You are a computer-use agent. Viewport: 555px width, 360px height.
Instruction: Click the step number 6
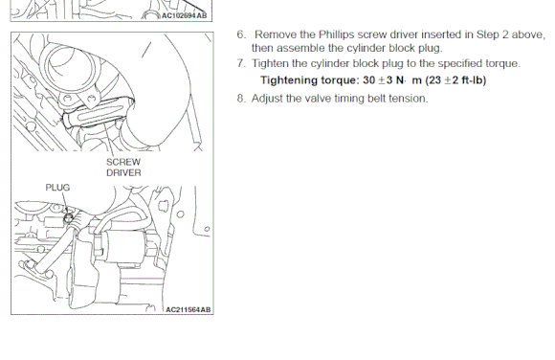(x=241, y=34)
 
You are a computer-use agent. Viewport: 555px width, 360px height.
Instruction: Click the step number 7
(x=241, y=63)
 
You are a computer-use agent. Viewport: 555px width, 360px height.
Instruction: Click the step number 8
(x=241, y=99)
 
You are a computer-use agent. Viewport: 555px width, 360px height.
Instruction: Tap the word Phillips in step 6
(x=336, y=34)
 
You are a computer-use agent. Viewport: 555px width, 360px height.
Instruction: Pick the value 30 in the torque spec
(x=368, y=80)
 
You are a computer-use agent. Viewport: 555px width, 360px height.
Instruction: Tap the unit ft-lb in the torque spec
(x=472, y=80)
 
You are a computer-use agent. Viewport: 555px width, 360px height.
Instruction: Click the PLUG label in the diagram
(x=57, y=187)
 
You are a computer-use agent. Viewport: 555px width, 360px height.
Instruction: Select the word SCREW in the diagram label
(x=123, y=162)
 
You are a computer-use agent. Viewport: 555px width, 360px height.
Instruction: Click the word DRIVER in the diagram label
(x=123, y=173)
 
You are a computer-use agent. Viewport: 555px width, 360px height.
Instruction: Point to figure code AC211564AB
(x=188, y=309)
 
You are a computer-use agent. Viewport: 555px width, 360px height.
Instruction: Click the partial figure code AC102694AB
(x=184, y=15)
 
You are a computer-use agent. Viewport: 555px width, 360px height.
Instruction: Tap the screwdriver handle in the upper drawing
(x=99, y=112)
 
